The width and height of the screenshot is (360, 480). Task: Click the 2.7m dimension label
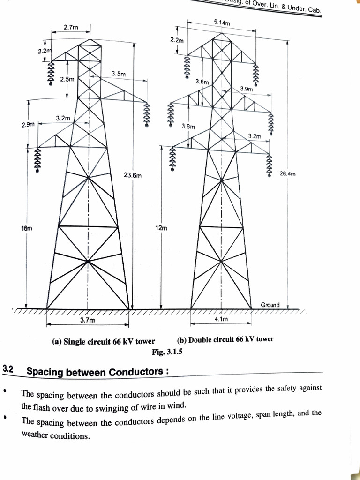point(71,27)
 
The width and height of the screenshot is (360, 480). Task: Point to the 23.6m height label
point(133,175)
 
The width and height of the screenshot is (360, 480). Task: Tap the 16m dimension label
point(26,228)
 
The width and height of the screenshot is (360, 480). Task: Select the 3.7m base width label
point(87,320)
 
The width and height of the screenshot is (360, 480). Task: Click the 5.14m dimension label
point(222,22)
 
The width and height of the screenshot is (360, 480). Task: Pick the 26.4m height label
point(288,174)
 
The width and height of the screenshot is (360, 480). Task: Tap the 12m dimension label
point(161,228)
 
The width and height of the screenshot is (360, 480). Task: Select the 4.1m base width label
point(221,319)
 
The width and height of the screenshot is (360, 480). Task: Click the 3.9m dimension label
point(247,89)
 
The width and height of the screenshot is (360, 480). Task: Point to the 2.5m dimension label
point(67,80)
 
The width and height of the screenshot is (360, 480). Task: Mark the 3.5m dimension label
point(119,74)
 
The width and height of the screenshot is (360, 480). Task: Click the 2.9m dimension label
point(28,125)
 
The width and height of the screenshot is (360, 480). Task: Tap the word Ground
point(270,305)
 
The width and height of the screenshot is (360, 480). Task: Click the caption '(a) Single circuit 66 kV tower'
point(104,341)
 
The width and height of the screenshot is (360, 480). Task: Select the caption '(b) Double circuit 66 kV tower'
point(225,339)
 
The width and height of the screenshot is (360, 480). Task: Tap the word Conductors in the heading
point(136,372)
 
